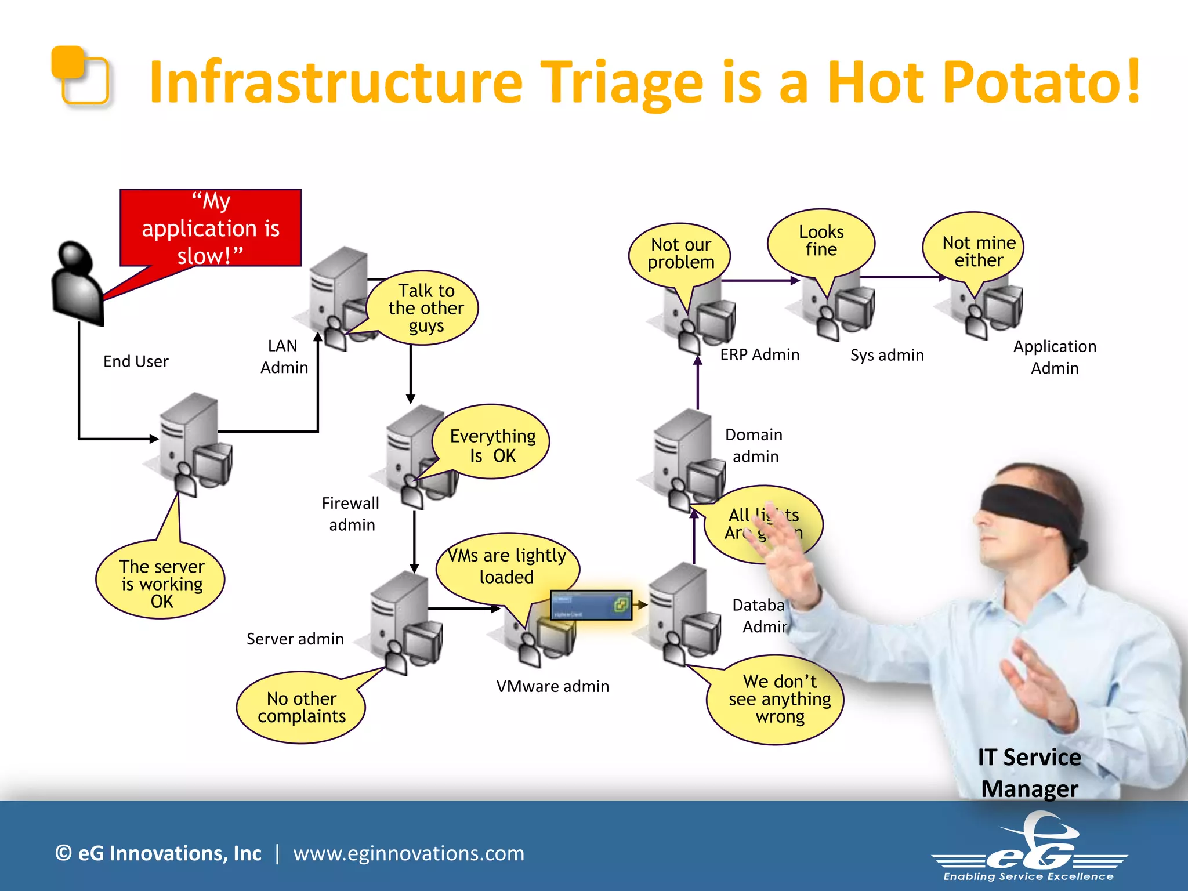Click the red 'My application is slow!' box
(x=211, y=228)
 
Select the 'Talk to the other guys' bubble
(x=426, y=307)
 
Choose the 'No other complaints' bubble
(x=301, y=707)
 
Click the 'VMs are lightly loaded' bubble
(x=507, y=566)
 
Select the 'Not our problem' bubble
(x=680, y=253)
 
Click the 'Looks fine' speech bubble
(x=821, y=241)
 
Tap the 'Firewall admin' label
(x=351, y=514)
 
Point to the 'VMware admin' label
(x=552, y=686)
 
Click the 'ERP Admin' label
(x=759, y=354)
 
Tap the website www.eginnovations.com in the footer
(x=408, y=853)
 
